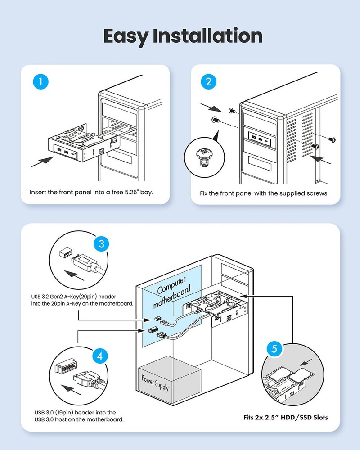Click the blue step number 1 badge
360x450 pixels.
click(41, 82)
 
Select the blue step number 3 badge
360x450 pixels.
click(101, 244)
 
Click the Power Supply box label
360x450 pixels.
click(155, 380)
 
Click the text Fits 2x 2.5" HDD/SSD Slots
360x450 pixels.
click(283, 417)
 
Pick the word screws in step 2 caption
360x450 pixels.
click(318, 193)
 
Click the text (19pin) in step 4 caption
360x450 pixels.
click(67, 412)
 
